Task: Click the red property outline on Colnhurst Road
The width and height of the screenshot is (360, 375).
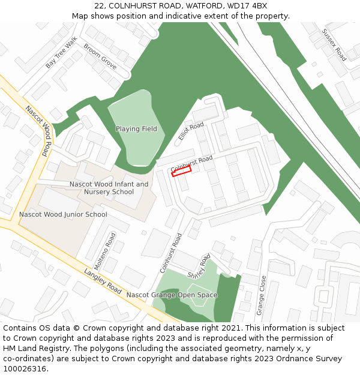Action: [x=181, y=171]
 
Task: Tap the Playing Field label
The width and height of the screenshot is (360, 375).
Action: [x=136, y=129]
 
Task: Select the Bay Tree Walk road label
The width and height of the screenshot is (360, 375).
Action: [x=62, y=52]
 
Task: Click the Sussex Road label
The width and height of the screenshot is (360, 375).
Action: [x=334, y=45]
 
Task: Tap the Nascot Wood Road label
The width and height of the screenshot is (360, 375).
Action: [x=37, y=131]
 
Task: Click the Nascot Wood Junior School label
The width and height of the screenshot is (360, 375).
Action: [x=63, y=214]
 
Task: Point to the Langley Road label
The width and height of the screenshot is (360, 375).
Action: [x=103, y=280]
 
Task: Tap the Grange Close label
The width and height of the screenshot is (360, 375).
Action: [x=261, y=295]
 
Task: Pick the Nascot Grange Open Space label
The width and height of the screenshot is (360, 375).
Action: [x=172, y=295]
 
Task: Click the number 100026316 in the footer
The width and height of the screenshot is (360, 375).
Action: [x=25, y=368]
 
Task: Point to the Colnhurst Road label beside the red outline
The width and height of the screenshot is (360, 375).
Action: [x=191, y=163]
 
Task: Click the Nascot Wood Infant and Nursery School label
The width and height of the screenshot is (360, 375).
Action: [x=109, y=188]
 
